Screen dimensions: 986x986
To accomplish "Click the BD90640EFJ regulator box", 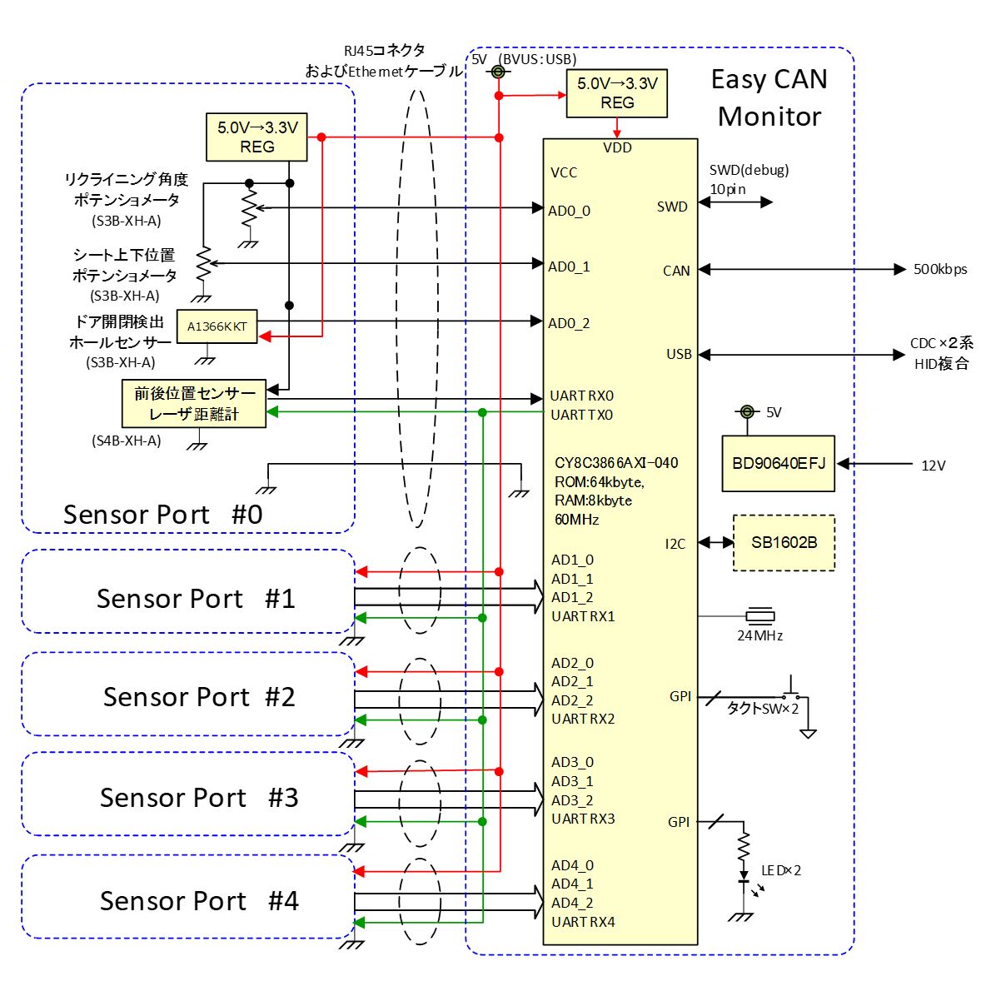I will [x=778, y=463].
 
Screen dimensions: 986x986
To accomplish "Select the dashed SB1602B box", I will [x=784, y=543].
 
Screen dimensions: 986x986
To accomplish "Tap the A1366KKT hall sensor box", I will [x=217, y=327].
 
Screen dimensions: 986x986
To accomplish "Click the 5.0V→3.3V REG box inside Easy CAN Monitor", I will [x=616, y=93].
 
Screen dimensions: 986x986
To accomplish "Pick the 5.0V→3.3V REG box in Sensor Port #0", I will [x=256, y=137].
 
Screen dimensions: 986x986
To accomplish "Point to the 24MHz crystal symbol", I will [x=759, y=616].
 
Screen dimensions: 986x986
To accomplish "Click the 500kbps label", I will [x=940, y=270].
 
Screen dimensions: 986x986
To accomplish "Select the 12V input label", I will [x=934, y=466].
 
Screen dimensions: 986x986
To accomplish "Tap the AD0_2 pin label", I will [x=569, y=323].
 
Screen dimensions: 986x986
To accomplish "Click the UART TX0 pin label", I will [x=581, y=415].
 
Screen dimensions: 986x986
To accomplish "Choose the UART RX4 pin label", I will [x=583, y=922].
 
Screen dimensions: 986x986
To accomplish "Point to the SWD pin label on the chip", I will [x=672, y=207].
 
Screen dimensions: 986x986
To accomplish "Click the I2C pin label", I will [x=675, y=544].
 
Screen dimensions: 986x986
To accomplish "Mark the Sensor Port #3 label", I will [x=199, y=798].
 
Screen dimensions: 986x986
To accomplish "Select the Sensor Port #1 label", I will [x=196, y=599].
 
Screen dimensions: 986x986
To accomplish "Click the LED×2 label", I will [x=781, y=870].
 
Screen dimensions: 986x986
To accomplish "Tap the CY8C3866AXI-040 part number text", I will [x=616, y=463].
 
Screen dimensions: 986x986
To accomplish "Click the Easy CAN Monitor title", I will [x=769, y=98].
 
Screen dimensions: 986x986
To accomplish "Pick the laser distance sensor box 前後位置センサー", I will [x=194, y=404].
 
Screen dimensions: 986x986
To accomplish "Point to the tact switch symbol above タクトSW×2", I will [x=792, y=692].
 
